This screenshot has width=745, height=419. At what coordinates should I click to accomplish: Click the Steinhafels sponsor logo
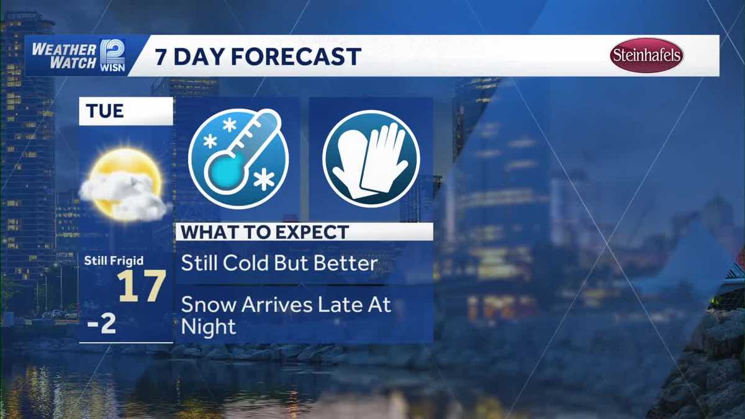click(x=646, y=55)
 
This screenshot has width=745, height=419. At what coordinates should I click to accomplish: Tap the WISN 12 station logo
click(x=113, y=55)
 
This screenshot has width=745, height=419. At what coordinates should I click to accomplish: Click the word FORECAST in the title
click(x=296, y=56)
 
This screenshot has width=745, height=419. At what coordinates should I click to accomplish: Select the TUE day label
click(x=105, y=110)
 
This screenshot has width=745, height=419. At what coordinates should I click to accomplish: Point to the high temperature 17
click(x=142, y=286)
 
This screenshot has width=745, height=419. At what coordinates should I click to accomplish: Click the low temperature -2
click(x=101, y=323)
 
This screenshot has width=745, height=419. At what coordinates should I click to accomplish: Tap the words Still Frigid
click(x=114, y=261)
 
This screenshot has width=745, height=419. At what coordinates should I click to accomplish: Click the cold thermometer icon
click(x=238, y=159)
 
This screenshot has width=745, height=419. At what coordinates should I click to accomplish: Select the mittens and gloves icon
click(x=371, y=160)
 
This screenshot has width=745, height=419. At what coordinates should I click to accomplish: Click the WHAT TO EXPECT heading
click(x=265, y=232)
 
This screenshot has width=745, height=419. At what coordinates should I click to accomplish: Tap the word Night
click(x=209, y=327)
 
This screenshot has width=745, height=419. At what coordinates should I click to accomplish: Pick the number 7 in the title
click(x=161, y=57)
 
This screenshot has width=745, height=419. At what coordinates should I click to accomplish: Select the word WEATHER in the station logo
click(x=64, y=50)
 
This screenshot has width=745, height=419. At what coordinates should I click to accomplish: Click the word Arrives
click(x=277, y=305)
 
